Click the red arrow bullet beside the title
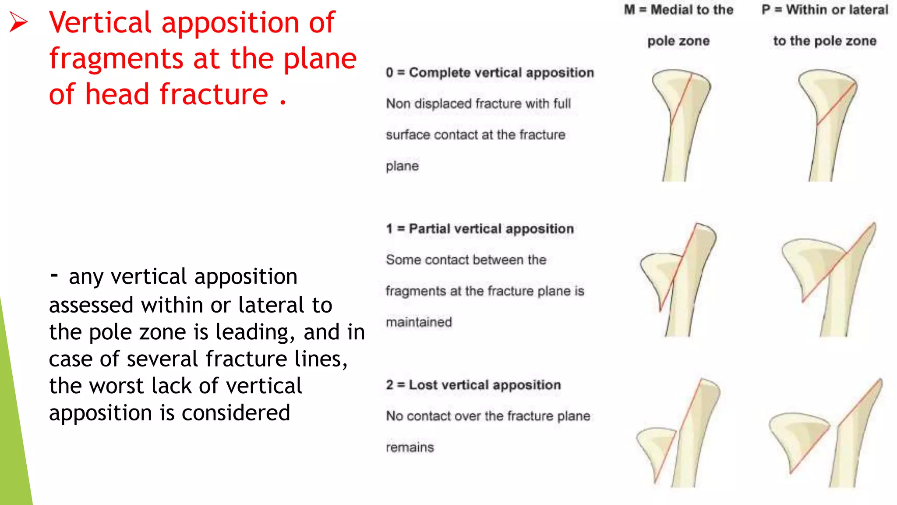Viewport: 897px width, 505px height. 18,22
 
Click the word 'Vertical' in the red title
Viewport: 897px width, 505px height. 100,23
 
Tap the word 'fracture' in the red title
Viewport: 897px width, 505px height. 213,94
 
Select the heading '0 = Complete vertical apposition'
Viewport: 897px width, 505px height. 490,73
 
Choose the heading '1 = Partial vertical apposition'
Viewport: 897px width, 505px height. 480,229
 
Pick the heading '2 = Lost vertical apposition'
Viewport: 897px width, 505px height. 473,385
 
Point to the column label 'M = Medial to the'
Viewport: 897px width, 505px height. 678,10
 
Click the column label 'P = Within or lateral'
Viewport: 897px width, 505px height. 825,10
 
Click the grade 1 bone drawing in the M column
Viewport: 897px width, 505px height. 679,281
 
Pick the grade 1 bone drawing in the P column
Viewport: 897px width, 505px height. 828,281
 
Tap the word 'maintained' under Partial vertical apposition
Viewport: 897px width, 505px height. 419,322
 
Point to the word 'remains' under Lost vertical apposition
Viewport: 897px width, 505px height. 410,448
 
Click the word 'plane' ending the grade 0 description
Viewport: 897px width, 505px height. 402,166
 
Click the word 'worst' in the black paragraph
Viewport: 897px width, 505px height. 117,386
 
